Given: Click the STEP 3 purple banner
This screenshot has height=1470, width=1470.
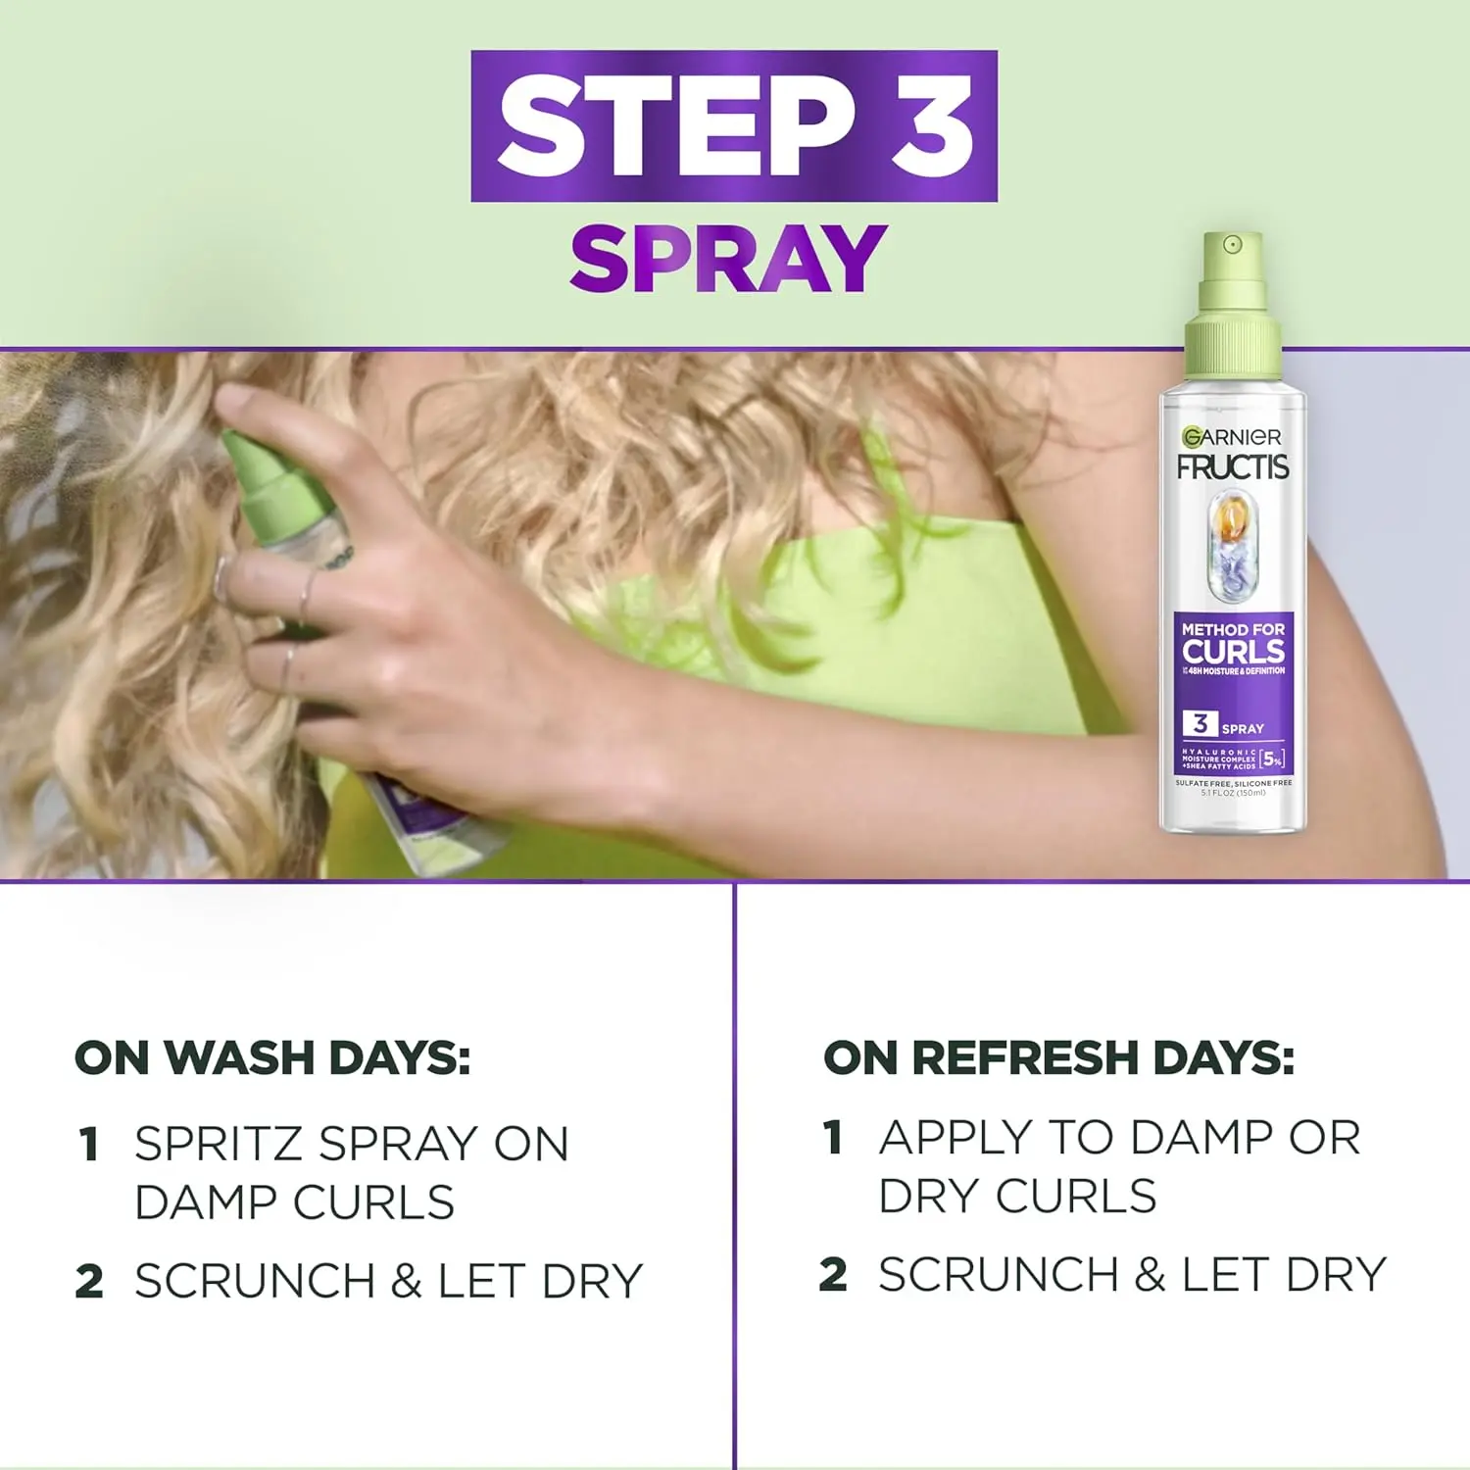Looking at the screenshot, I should [734, 126].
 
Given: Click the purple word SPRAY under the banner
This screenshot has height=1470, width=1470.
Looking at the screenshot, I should [728, 259].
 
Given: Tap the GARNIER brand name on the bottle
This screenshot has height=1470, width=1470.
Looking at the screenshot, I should [1232, 437].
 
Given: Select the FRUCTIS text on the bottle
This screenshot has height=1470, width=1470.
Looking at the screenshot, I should [1233, 467].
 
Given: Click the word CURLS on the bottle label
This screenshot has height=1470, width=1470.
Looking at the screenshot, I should [1233, 652].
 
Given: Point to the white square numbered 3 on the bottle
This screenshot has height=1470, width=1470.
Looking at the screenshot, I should [1200, 724].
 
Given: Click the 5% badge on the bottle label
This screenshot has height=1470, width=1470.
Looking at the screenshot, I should [1272, 759].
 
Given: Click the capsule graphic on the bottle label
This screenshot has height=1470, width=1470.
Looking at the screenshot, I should [1233, 547].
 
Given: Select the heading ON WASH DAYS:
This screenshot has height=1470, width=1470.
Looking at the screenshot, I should [272, 1058].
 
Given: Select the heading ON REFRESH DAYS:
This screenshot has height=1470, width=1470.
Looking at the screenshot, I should [1058, 1058].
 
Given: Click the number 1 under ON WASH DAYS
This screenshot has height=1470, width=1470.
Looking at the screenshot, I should [89, 1145].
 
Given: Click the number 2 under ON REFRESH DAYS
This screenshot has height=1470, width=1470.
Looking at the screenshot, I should [833, 1275].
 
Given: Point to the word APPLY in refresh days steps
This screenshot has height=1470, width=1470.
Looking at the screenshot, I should [955, 1138].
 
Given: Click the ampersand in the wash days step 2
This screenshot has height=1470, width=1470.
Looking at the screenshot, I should [407, 1282].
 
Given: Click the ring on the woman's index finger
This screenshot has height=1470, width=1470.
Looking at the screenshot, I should [221, 578].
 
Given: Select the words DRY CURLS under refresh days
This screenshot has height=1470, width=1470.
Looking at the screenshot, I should [1017, 1197].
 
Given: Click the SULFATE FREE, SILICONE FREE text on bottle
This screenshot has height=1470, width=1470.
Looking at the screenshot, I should [1233, 783].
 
